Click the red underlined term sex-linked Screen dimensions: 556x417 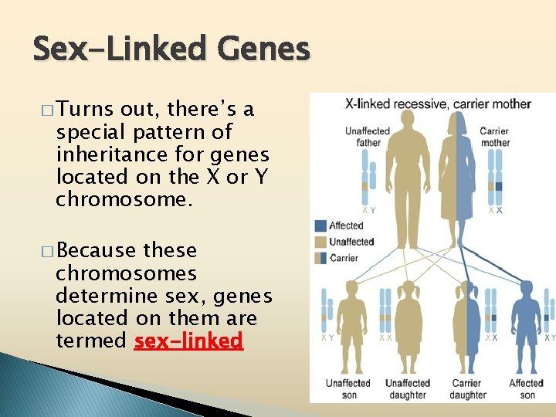click(188, 341)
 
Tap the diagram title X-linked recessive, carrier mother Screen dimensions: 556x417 click(437, 104)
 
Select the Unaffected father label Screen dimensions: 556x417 click(368, 137)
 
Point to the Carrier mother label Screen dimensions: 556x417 click(494, 137)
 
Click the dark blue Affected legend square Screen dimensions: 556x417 click(320, 226)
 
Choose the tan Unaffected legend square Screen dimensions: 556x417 click(320, 242)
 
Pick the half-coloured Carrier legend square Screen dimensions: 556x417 click(320, 258)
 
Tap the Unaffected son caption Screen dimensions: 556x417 click(347, 388)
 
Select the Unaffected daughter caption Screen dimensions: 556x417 click(407, 388)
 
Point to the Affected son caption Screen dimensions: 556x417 click(527, 388)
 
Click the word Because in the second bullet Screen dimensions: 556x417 click(88, 251)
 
